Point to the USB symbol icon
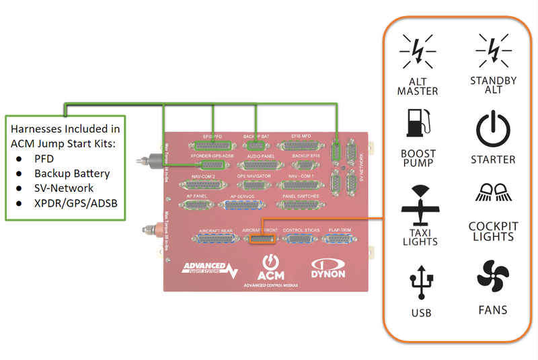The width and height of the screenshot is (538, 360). pos(420,283)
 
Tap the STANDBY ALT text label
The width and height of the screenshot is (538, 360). pos(494,85)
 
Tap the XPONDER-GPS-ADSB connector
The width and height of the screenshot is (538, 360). pos(213,164)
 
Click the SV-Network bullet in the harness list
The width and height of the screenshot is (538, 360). pos(65,188)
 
